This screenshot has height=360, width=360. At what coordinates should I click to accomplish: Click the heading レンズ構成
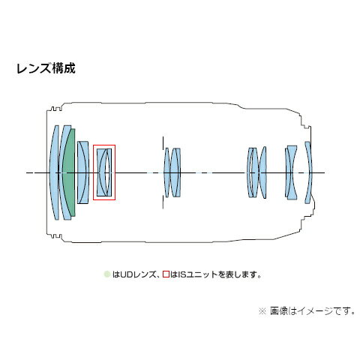point(46,68)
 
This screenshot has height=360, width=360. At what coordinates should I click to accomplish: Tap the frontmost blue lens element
point(54,172)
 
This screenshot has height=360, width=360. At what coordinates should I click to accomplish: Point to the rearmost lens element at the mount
point(309,172)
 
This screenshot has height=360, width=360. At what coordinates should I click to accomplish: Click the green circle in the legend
point(107,274)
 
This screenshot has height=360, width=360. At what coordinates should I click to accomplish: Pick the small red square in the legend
point(166,274)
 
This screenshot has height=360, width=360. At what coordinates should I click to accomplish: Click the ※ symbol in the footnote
point(262,311)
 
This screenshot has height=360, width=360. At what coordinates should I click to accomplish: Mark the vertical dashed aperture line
point(163,172)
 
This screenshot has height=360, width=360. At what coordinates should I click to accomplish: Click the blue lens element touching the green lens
point(64,172)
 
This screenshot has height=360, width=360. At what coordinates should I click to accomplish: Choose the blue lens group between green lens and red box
point(83,172)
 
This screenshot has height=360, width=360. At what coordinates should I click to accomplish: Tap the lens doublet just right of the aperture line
point(175,172)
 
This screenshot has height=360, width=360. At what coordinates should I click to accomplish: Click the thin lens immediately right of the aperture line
point(166,172)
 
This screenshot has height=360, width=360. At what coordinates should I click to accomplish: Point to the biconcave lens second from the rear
point(292,172)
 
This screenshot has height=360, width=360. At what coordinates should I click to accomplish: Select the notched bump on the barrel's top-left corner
point(55,109)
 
